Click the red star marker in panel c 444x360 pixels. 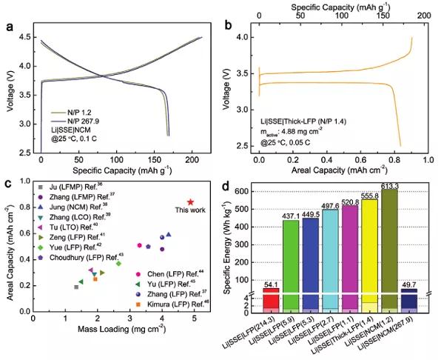pyautogui.click(x=190, y=201)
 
